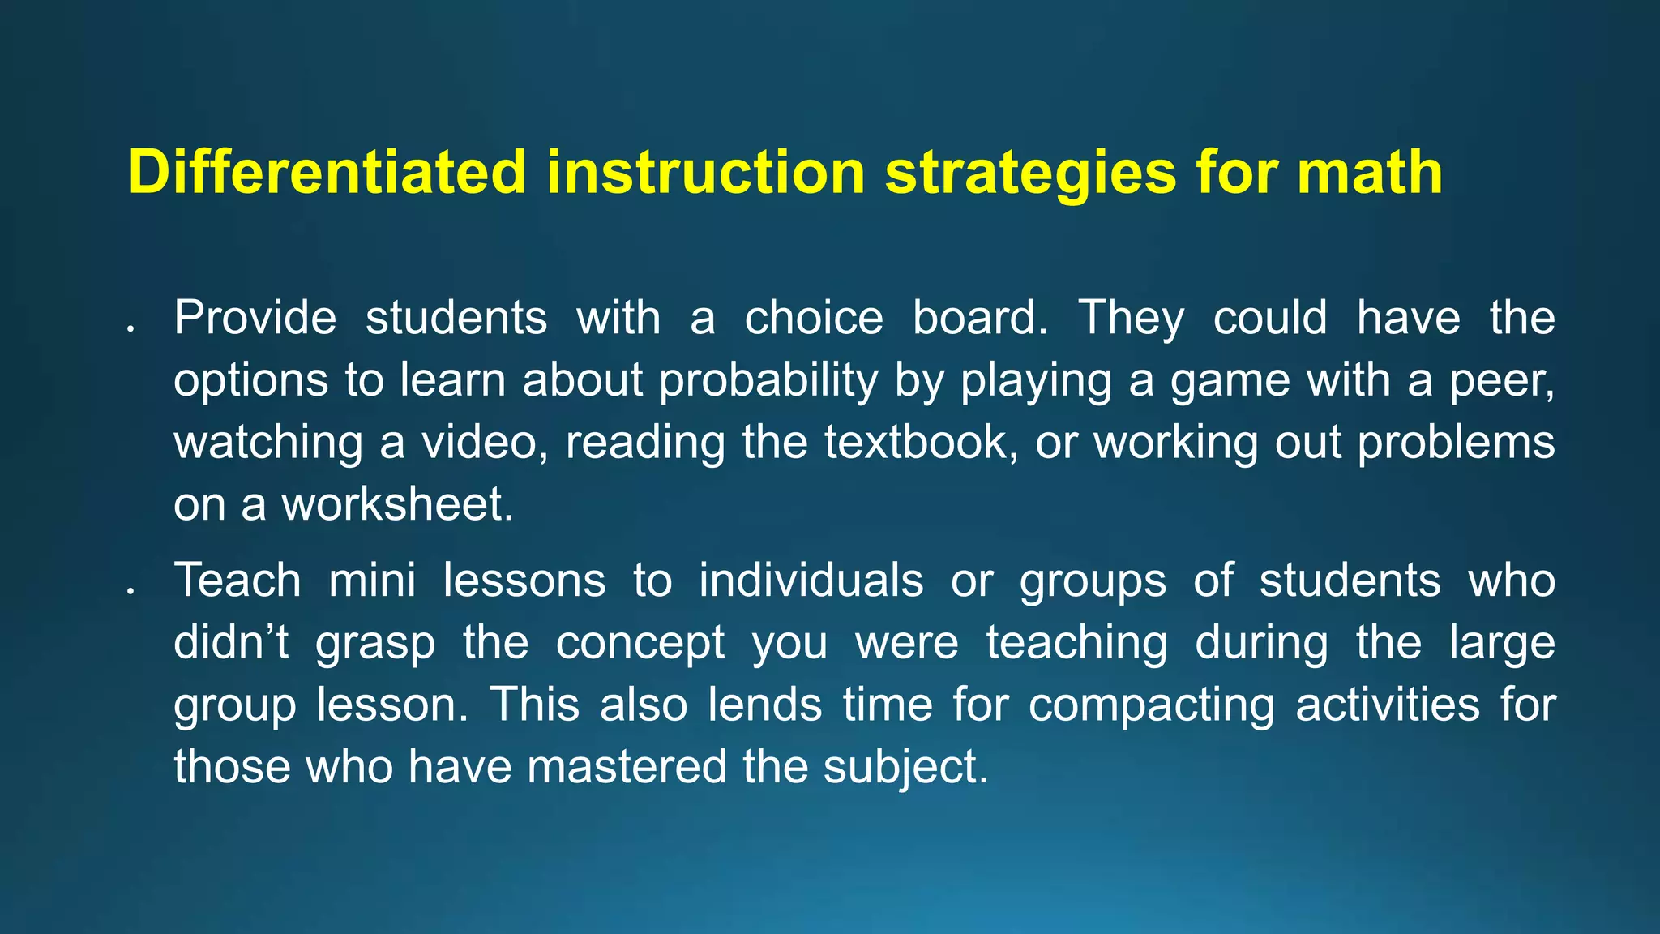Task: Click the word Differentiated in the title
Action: point(327,172)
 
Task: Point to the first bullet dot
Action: point(130,330)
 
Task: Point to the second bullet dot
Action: point(130,593)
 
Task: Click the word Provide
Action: point(255,317)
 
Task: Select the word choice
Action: point(813,317)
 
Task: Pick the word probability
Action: point(768,379)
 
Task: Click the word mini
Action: point(372,581)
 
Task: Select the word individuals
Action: point(811,581)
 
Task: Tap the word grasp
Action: point(374,643)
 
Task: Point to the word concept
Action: point(640,643)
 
